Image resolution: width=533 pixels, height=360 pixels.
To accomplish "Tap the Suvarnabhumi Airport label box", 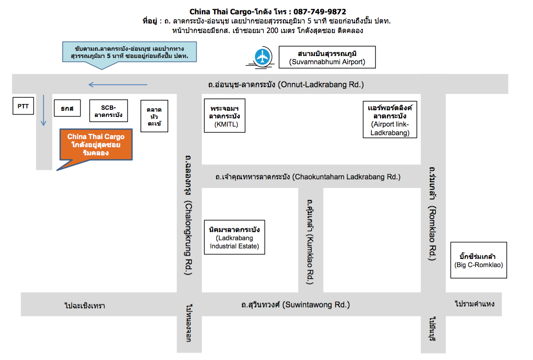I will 327,57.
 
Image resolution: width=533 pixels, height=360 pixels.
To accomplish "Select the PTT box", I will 23,106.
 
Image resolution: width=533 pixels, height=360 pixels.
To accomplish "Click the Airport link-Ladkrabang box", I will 390,119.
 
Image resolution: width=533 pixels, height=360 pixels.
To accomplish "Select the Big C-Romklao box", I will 479,260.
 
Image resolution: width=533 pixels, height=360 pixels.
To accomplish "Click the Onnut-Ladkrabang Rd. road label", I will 286,84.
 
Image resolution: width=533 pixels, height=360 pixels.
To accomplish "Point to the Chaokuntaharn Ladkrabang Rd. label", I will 308,177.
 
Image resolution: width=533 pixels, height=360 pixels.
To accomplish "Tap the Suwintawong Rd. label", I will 296,304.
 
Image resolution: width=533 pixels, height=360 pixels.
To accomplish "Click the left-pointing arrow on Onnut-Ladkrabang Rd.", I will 117,85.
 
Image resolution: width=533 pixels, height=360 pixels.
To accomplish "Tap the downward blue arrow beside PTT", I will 43,111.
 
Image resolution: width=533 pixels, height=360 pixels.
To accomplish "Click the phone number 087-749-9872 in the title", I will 317,12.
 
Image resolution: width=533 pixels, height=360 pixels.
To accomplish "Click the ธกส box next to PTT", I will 67,108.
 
